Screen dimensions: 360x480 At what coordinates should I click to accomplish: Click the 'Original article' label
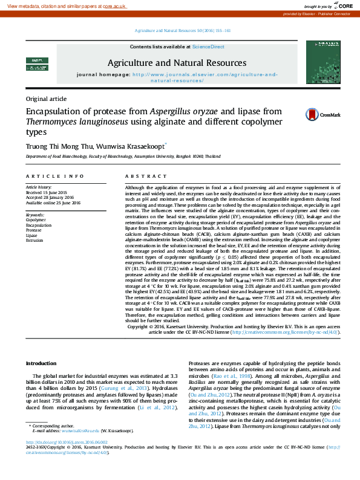[x=46, y=99]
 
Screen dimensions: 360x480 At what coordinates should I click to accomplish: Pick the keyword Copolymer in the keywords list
[x=36, y=220]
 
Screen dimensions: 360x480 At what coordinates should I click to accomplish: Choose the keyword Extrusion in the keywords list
[x=34, y=240]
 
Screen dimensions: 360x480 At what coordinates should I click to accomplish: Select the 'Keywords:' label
[x=34, y=215]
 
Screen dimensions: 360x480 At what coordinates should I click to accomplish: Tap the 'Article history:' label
[x=38, y=188]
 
